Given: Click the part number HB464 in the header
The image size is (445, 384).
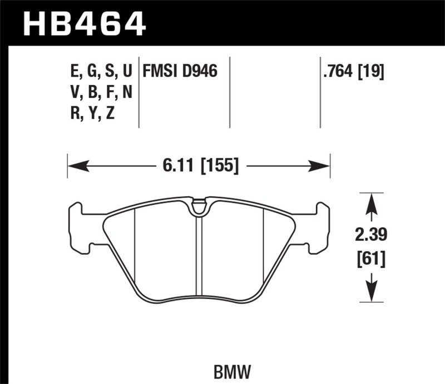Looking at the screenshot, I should click(83, 23).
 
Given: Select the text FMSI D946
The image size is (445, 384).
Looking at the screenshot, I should click(180, 71).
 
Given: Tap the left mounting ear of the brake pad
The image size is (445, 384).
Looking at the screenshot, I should click(78, 225).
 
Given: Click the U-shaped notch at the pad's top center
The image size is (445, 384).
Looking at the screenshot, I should click(198, 208).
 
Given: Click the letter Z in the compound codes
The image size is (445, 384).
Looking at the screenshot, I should click(111, 113).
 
